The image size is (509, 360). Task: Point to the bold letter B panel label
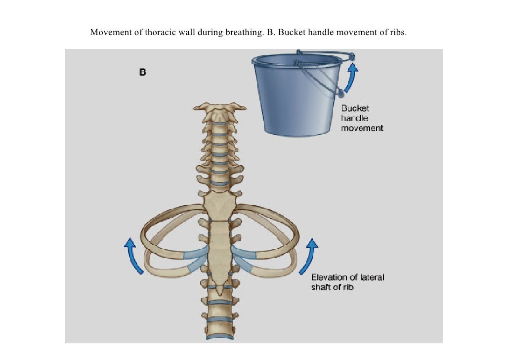(x=142, y=72)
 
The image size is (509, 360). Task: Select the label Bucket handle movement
(x=362, y=118)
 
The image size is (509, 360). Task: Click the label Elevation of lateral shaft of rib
(x=347, y=282)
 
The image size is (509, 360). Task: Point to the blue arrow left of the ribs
(x=133, y=255)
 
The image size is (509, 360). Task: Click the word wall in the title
(x=187, y=33)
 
